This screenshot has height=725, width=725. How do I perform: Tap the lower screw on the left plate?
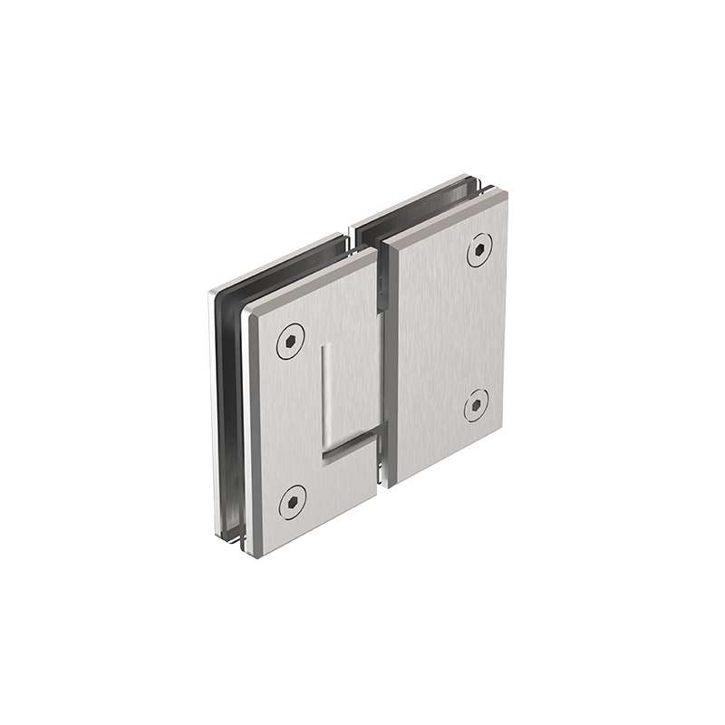(x=291, y=499)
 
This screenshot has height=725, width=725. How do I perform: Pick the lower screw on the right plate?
(x=475, y=405)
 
